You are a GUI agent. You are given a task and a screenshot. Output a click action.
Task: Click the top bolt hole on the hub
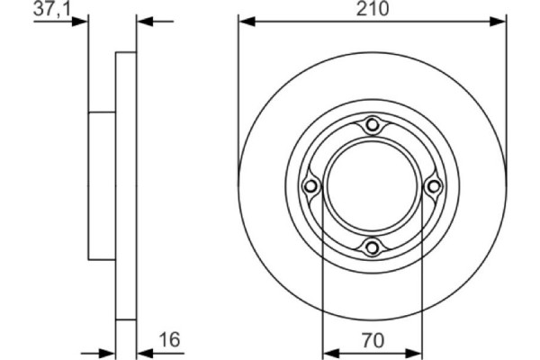click(373, 126)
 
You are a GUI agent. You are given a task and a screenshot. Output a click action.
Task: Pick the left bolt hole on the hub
click(311, 186)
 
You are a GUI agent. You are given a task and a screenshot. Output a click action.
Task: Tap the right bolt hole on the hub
click(433, 186)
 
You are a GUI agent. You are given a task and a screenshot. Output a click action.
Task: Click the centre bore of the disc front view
click(373, 186)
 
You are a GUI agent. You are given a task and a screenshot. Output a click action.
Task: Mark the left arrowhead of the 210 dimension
click(245, 20)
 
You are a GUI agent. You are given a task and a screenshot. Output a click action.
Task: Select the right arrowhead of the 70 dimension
click(416, 349)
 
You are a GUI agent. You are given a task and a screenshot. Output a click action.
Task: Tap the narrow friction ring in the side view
click(126, 186)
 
